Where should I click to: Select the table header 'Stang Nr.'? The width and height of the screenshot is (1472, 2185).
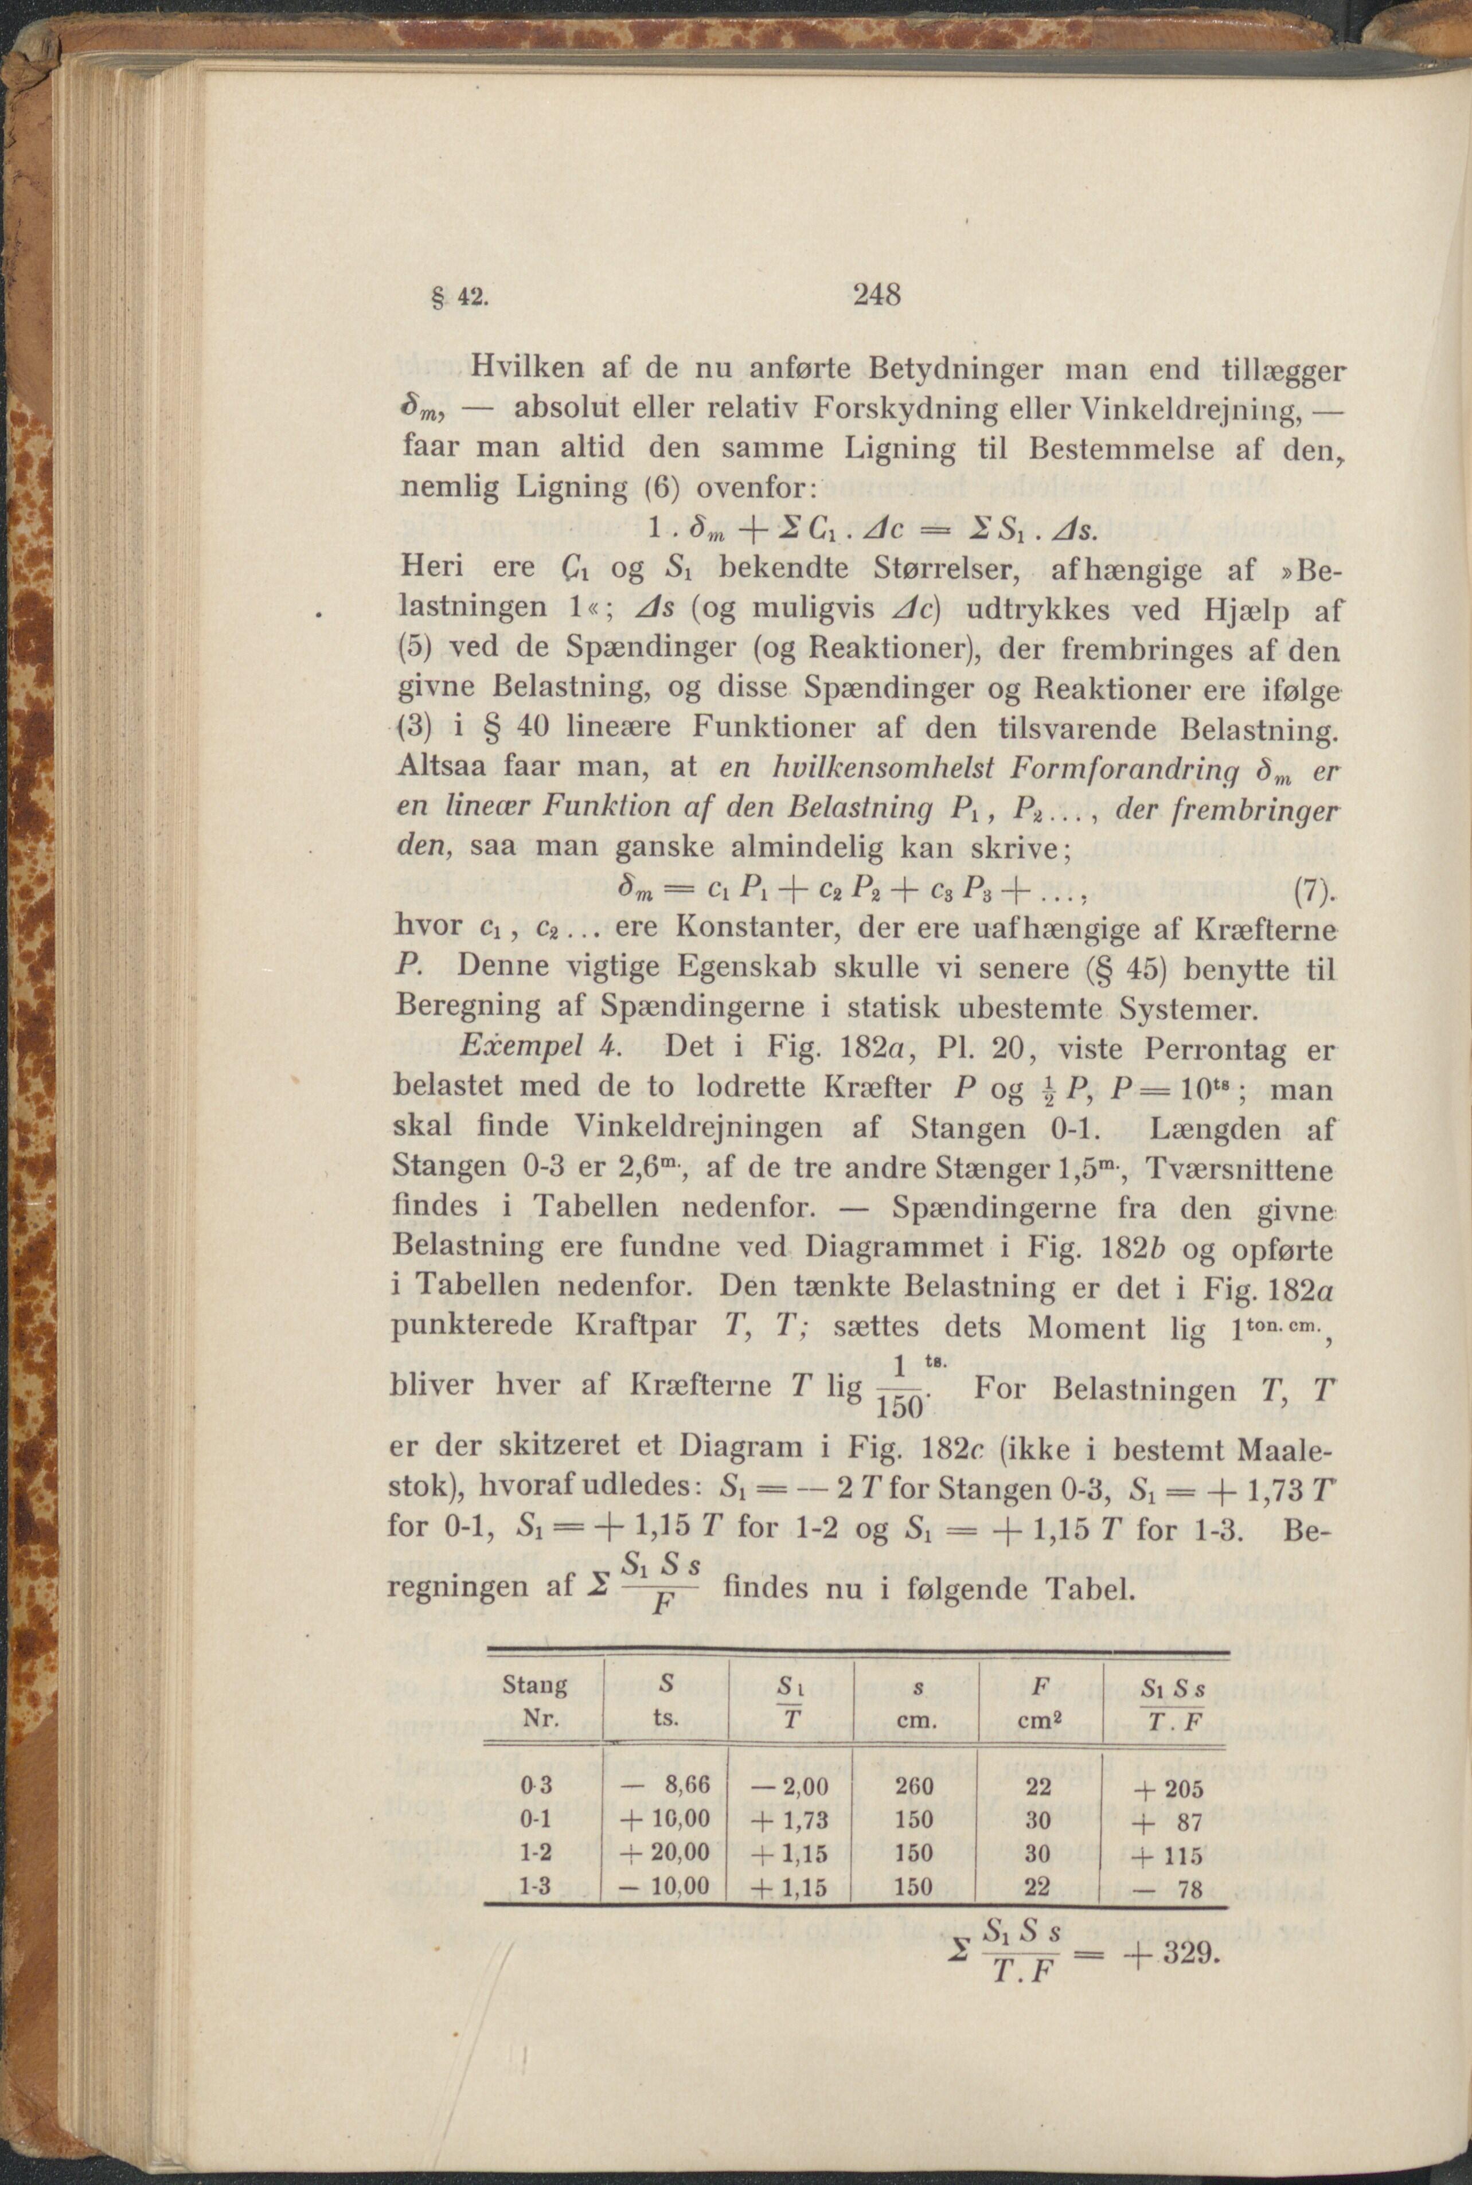[534, 1701]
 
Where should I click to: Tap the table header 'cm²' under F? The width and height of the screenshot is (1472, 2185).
[1038, 1719]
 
